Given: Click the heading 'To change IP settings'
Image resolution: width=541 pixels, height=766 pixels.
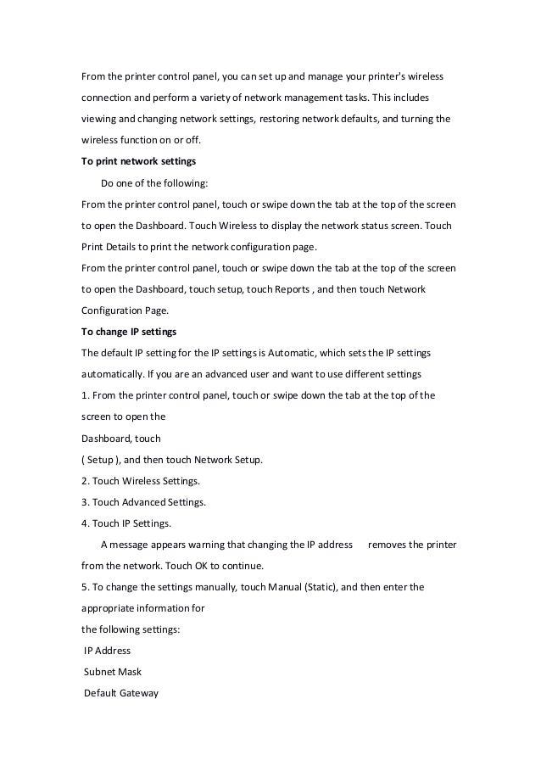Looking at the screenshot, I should [128, 331].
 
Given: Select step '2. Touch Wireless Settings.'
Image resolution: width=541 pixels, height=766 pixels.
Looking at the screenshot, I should [140, 480].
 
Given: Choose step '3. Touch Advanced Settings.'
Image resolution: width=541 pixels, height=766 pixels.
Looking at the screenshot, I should [143, 501].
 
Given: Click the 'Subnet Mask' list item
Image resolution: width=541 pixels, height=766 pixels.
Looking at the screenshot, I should [113, 671].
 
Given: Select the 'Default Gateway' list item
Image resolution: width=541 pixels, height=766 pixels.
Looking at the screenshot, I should [121, 692].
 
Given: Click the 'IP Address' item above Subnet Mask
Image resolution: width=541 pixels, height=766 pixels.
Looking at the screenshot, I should [108, 650].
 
